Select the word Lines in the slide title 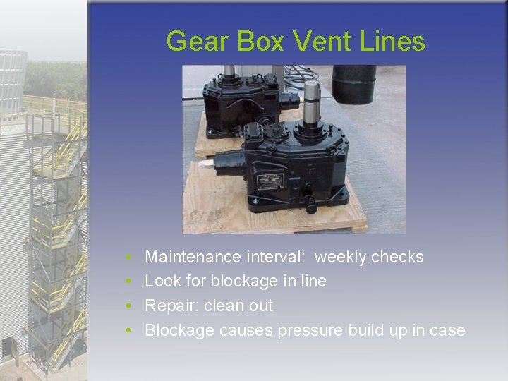pyautogui.click(x=393, y=42)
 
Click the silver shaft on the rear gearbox pyautogui.click(x=229, y=72)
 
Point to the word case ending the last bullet pyautogui.click(x=449, y=330)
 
